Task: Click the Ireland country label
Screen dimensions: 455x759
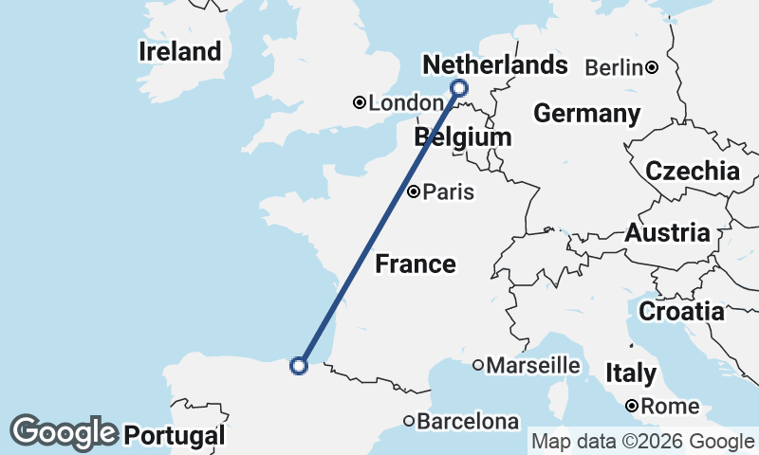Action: coord(179,51)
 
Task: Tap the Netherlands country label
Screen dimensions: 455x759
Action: coord(494,64)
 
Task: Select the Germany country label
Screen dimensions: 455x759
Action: coord(586,114)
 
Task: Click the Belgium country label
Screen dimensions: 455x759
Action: coord(463,137)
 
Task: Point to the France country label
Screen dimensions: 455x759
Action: coord(416,264)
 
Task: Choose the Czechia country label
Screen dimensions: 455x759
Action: coord(692,172)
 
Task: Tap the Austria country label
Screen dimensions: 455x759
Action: coord(667,233)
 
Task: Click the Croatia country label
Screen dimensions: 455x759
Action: coord(680,311)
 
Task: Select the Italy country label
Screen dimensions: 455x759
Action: coord(630,373)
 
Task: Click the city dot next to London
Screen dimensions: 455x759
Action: coord(360,102)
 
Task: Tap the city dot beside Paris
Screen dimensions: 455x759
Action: coord(414,192)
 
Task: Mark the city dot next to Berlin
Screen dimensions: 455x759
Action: coord(652,67)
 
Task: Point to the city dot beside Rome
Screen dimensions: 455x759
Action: coord(631,407)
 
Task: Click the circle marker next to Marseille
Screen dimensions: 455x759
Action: coord(478,365)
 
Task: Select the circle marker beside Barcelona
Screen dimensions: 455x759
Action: coord(409,421)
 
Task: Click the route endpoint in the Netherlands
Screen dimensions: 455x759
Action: coord(459,88)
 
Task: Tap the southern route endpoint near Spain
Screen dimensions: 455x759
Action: coord(299,365)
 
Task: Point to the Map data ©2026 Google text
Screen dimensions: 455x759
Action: coord(642,442)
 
